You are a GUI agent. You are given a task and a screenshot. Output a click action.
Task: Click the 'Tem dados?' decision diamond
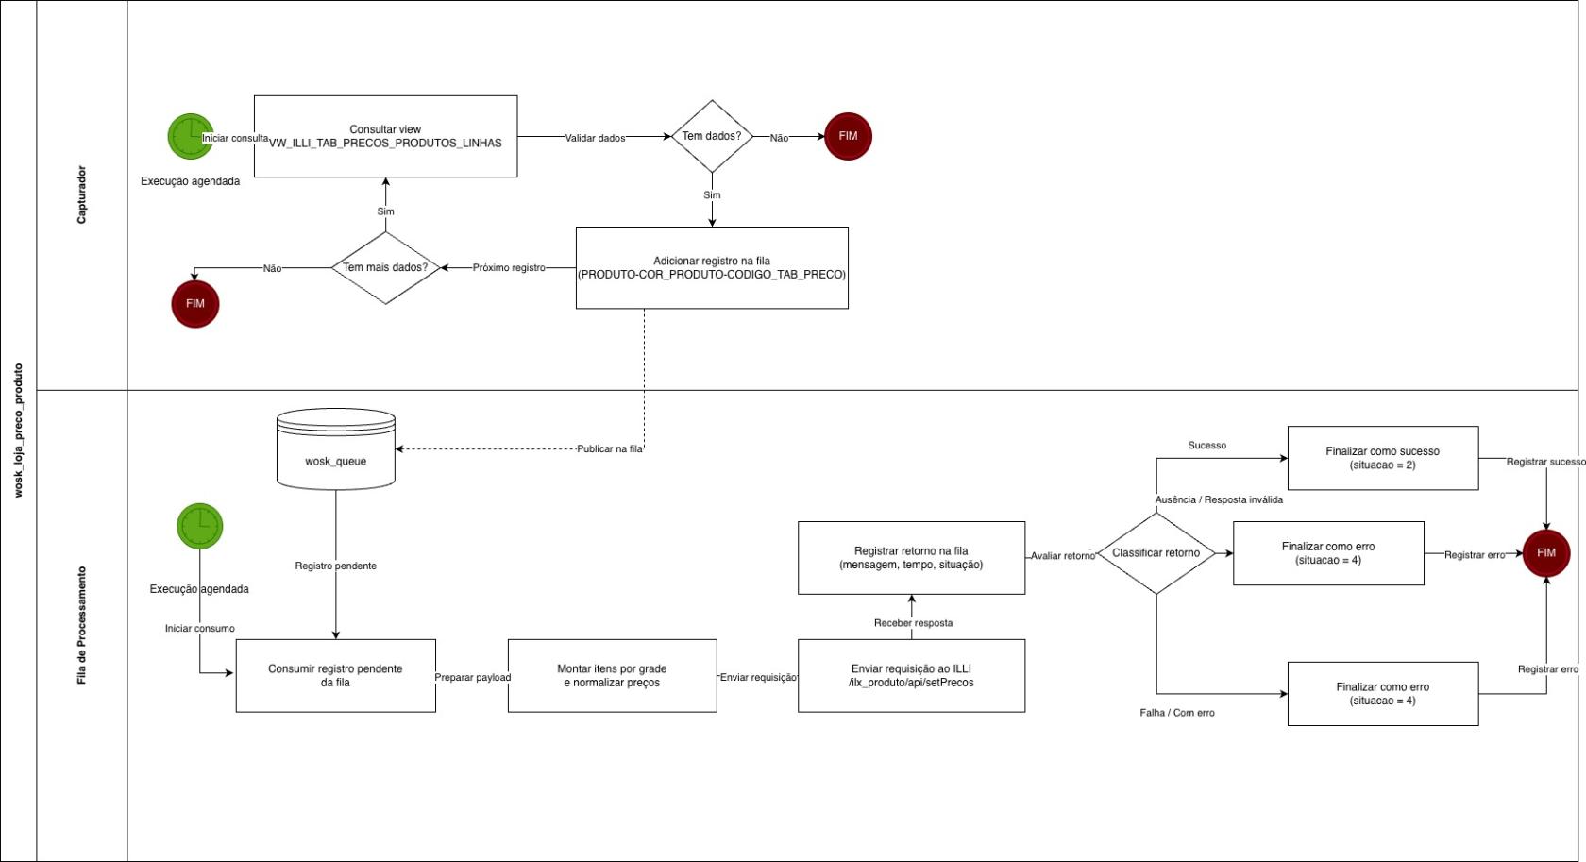712,137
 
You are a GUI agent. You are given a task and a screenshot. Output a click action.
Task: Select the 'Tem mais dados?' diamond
385,268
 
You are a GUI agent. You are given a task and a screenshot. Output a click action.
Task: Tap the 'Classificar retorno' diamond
1156,553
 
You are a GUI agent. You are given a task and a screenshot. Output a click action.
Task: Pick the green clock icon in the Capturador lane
191,137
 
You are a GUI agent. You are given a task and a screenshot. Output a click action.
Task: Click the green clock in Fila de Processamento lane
200,526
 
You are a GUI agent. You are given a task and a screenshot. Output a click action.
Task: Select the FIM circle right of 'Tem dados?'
848,137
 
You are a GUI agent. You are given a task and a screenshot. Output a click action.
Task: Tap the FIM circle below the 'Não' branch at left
195,304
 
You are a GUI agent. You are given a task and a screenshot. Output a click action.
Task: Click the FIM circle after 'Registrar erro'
1545,553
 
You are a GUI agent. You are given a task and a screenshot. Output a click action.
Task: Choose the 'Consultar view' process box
385,136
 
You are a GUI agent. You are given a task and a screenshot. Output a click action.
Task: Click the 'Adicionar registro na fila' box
712,268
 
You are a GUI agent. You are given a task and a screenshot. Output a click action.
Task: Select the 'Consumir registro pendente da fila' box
335,676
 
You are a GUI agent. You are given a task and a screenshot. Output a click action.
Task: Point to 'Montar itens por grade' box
612,676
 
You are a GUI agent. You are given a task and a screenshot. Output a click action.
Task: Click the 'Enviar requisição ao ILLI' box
911,676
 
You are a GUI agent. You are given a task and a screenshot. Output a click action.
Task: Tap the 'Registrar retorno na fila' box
911,558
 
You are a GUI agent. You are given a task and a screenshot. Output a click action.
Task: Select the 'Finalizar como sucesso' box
1382,458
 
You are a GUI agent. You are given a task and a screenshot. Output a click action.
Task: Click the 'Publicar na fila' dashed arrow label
609,449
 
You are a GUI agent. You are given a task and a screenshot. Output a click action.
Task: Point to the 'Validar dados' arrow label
595,138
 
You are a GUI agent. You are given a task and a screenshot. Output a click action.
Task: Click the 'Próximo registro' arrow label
509,268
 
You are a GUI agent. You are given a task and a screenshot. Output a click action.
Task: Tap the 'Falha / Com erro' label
1176,713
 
